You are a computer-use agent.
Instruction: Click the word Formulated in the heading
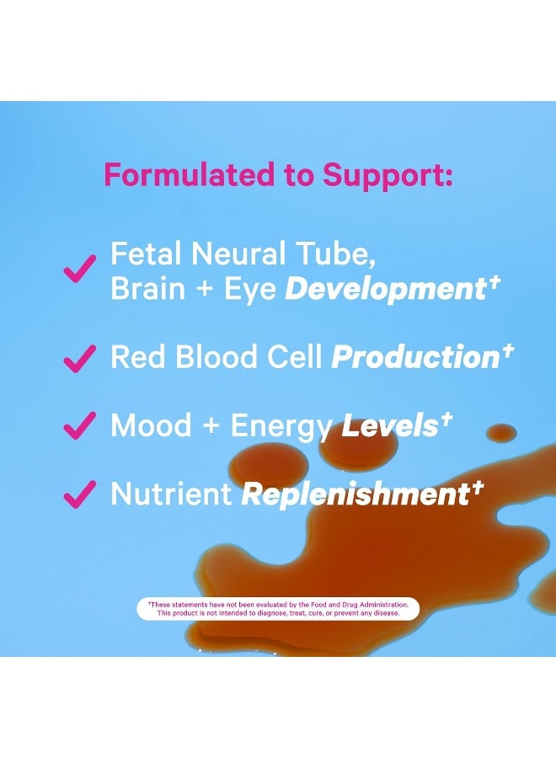[189, 174]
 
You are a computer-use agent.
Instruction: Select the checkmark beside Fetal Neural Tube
[80, 269]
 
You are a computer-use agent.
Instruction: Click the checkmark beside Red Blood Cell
[80, 358]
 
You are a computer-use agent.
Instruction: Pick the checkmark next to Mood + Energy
[80, 425]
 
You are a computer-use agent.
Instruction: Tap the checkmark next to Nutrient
[80, 494]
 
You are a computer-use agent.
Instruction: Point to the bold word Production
[415, 357]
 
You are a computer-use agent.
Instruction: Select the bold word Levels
[390, 425]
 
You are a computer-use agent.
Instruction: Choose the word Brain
[148, 289]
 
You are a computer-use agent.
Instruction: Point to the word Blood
[217, 357]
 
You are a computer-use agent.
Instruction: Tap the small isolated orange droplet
[501, 433]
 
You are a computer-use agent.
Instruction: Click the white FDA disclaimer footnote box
[278, 609]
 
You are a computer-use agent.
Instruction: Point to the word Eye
[250, 291]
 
